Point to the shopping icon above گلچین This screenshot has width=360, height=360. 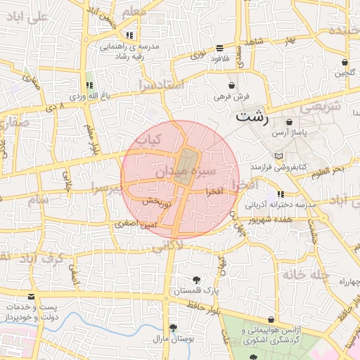345,61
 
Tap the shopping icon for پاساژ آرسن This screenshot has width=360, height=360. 289,122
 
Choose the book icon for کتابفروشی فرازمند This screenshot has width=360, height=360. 279,155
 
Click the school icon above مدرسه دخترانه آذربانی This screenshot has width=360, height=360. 281,194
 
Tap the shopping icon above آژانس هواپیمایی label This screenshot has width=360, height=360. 271,319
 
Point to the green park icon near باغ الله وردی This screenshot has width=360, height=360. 89,84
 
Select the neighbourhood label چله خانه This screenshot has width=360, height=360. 305,274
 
